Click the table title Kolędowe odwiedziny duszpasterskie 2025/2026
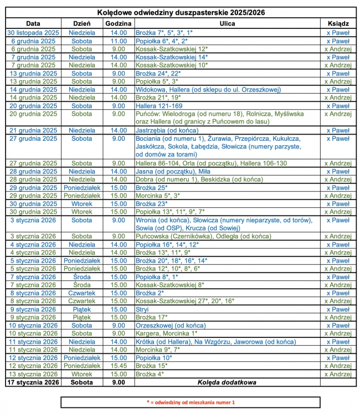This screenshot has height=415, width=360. click(181, 12)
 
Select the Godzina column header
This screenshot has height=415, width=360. click(118, 24)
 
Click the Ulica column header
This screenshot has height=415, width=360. click(227, 24)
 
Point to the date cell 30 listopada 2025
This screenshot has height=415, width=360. click(33, 33)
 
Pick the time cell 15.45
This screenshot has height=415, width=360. click(118, 366)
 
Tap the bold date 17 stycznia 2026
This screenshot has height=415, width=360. click(33, 382)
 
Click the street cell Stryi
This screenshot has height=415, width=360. click(142, 309)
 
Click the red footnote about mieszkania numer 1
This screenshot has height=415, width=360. click(191, 402)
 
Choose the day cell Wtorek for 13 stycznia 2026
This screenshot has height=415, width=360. click(81, 374)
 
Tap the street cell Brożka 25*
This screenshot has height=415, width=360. click(151, 187)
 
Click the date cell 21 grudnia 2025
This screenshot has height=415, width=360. click(33, 130)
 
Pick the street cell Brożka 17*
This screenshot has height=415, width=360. click(151, 317)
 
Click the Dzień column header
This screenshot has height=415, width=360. click(81, 24)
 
